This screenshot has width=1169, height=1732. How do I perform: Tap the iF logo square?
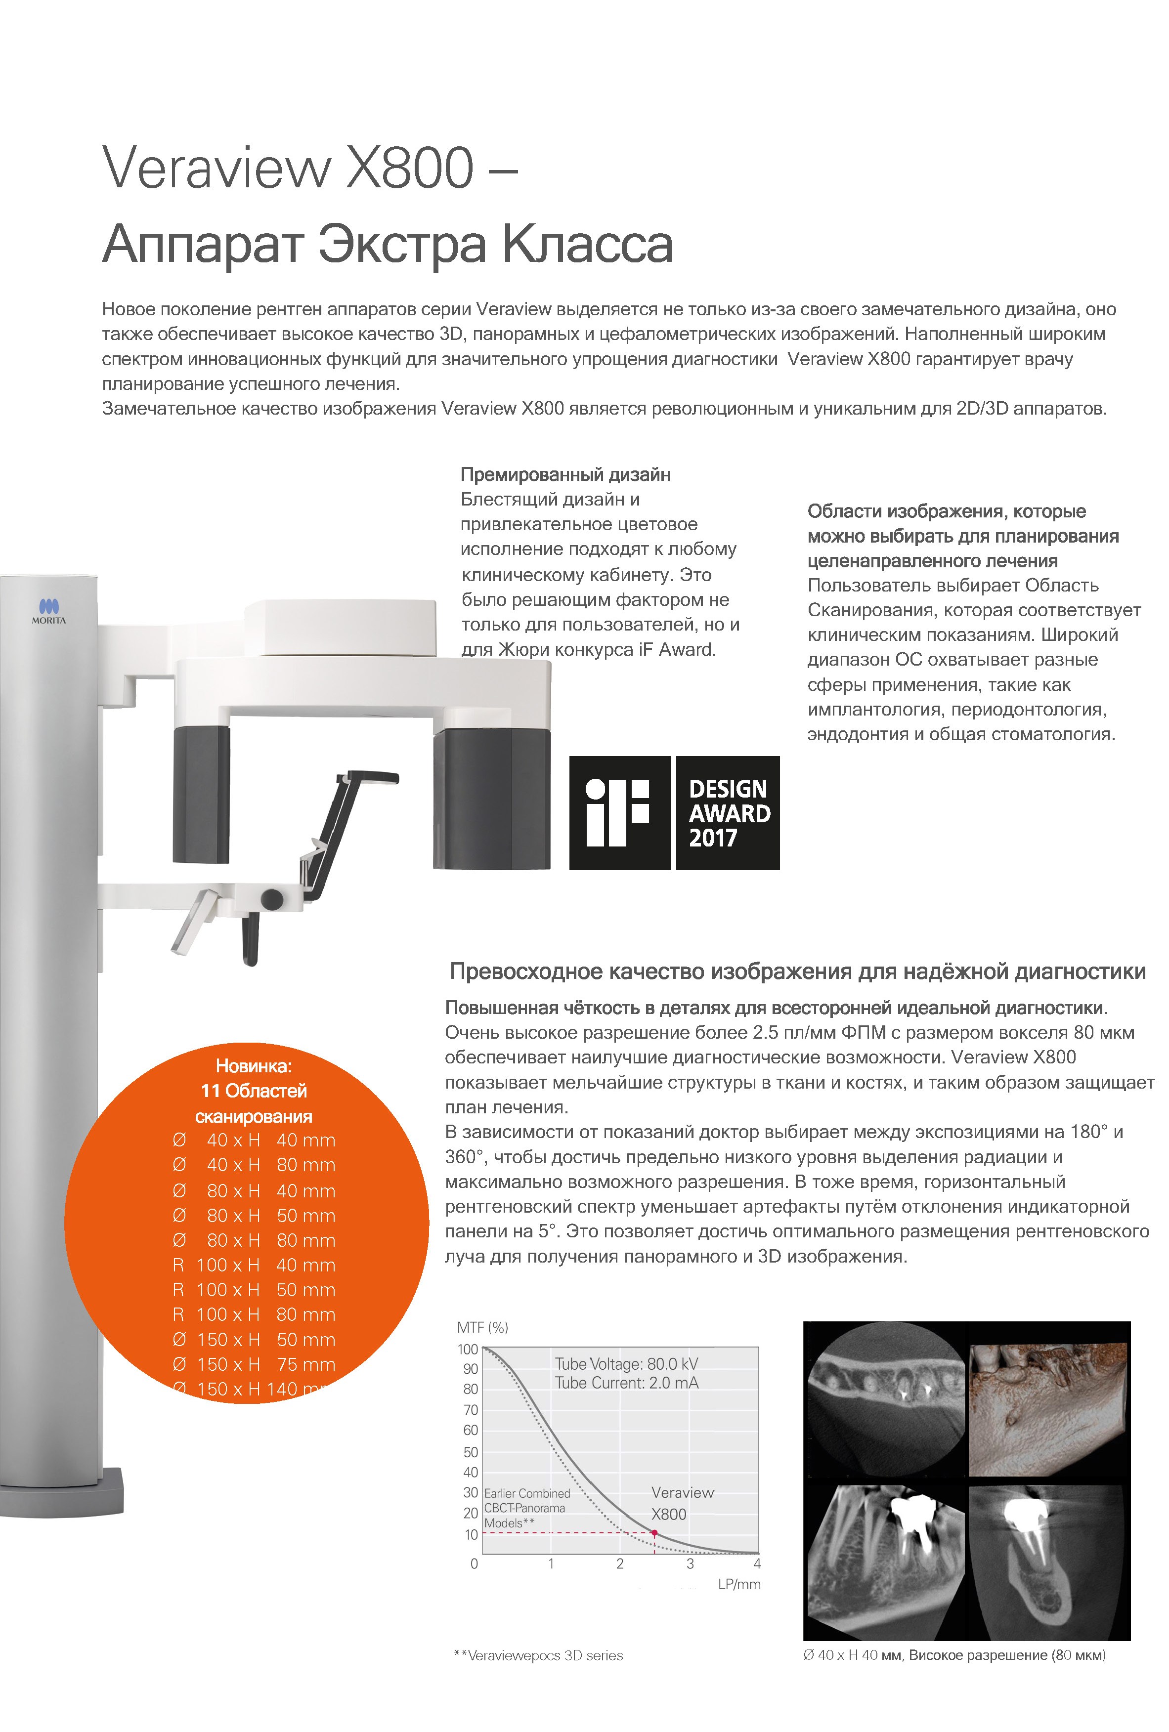click(x=619, y=812)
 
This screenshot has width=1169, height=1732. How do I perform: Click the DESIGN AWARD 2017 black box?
click(x=728, y=812)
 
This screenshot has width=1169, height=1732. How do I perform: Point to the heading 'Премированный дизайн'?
click(x=565, y=475)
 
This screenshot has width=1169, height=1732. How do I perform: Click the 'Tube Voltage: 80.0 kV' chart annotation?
click(x=626, y=1364)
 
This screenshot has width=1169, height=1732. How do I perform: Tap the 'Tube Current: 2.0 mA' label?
click(x=626, y=1383)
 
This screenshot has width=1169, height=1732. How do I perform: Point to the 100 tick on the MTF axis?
click(x=468, y=1349)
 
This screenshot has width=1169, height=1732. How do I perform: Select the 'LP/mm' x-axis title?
click(x=739, y=1584)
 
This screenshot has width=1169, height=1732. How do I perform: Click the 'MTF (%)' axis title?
click(x=482, y=1327)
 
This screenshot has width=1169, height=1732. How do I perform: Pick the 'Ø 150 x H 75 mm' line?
click(x=254, y=1364)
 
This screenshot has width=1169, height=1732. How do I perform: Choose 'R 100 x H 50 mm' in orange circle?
click(x=254, y=1290)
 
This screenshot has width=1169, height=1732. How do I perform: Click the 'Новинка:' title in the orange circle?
click(x=254, y=1066)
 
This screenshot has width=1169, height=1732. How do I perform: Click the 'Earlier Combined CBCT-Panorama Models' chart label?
click(x=526, y=1508)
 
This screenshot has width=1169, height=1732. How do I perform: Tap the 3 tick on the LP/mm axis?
click(x=690, y=1563)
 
